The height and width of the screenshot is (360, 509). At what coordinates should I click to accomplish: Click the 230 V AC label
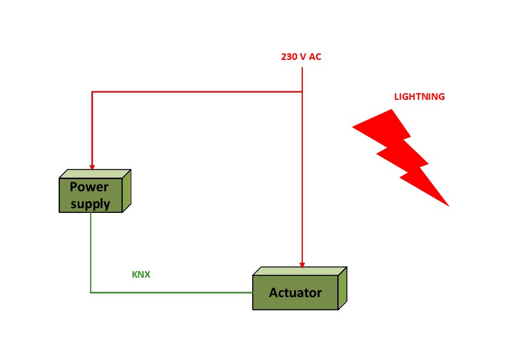[x=301, y=57]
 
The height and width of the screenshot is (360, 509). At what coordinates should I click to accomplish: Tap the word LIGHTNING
[x=419, y=97]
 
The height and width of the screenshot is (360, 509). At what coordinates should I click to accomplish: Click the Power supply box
[x=91, y=194]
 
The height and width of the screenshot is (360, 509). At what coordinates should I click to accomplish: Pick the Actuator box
[x=296, y=292]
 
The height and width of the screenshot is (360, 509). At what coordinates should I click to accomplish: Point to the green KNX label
[x=141, y=275]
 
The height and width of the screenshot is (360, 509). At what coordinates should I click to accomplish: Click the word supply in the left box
[x=91, y=204]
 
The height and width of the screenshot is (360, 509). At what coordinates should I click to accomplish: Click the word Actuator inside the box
[x=295, y=293]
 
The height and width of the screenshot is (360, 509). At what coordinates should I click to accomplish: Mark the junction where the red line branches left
[x=302, y=91]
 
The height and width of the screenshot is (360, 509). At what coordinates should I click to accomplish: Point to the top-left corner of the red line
[x=92, y=91]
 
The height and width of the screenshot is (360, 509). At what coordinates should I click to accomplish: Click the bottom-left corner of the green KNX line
[x=91, y=292]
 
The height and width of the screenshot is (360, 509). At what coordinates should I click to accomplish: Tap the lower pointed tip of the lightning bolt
[x=448, y=206]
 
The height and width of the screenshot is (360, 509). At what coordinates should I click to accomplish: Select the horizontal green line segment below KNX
[x=172, y=292]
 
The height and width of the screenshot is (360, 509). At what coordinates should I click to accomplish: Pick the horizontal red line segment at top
[x=196, y=91]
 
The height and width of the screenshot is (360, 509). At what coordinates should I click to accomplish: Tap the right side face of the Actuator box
[x=342, y=289]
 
